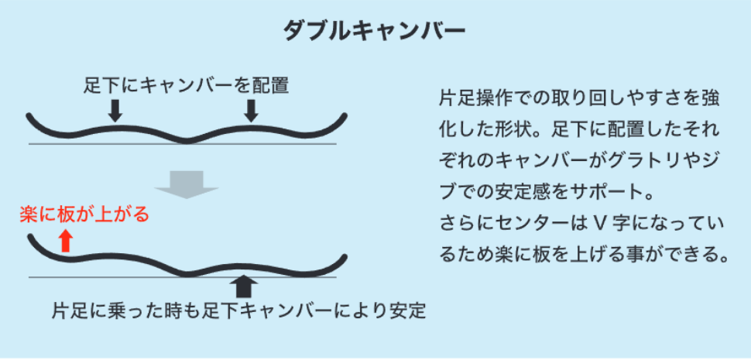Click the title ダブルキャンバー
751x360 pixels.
[x=375, y=30]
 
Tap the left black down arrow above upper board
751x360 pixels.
[x=115, y=111]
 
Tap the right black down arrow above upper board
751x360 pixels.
[x=250, y=111]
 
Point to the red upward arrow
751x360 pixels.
[x=66, y=241]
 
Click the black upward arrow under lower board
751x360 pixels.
[x=244, y=286]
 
